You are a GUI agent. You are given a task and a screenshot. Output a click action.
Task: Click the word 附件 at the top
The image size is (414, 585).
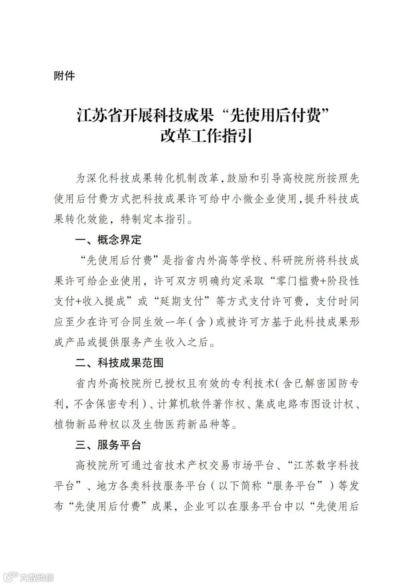tap(64, 76)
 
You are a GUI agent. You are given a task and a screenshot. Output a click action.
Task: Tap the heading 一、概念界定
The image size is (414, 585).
tap(108, 240)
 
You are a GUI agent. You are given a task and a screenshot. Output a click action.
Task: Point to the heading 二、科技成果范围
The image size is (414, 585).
tap(119, 362)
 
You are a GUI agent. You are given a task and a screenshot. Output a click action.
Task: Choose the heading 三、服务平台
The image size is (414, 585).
tap(108, 445)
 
